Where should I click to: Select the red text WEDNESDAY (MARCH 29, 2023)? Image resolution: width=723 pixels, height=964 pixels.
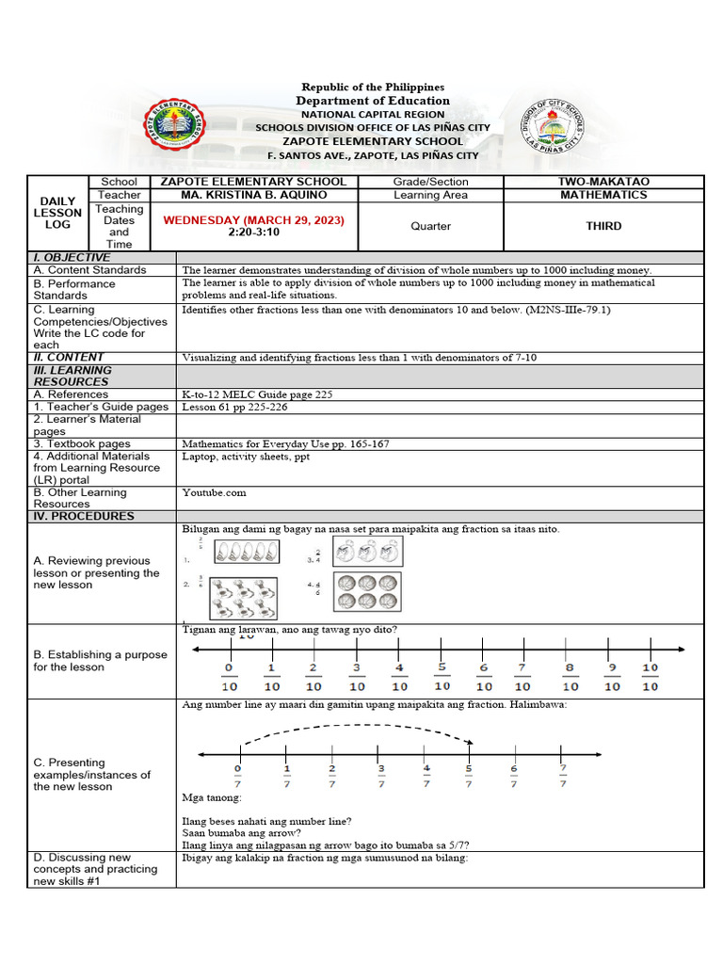[x=254, y=220]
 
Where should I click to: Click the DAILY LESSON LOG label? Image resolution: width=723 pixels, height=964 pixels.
[x=57, y=213]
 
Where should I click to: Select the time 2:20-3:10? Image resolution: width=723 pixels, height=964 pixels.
[x=254, y=233]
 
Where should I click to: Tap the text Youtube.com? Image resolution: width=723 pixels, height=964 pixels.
[x=214, y=492]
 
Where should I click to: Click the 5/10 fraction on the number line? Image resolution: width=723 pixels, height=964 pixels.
[x=442, y=676]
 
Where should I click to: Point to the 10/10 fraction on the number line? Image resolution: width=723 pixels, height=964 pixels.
[x=651, y=677]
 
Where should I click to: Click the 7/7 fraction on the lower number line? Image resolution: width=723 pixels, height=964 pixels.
[x=562, y=775]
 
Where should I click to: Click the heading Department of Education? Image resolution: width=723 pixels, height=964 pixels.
[x=373, y=101]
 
